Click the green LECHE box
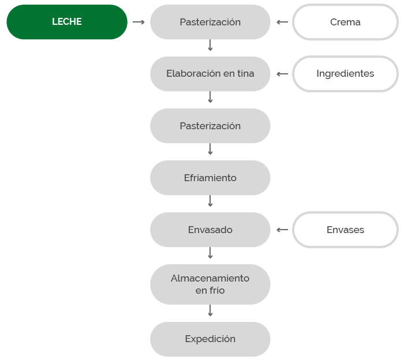click(x=67, y=22)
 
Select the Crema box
click(x=345, y=22)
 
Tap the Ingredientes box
click(x=345, y=74)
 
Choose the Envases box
click(x=345, y=230)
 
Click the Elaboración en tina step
click(x=210, y=74)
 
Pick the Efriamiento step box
click(x=210, y=178)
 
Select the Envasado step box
click(x=210, y=230)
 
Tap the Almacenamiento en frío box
click(x=210, y=284)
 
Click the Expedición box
click(x=210, y=339)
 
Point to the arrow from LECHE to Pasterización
click(x=139, y=22)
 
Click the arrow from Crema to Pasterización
click(x=282, y=22)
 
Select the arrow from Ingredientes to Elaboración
click(x=282, y=74)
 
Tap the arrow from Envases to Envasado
click(x=282, y=230)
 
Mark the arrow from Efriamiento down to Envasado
click(x=210, y=201)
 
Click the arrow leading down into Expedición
click(x=210, y=310)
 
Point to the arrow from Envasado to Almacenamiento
click(x=210, y=253)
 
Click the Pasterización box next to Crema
click(x=210, y=22)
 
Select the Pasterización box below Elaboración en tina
click(x=210, y=126)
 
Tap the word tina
click(x=245, y=73)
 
